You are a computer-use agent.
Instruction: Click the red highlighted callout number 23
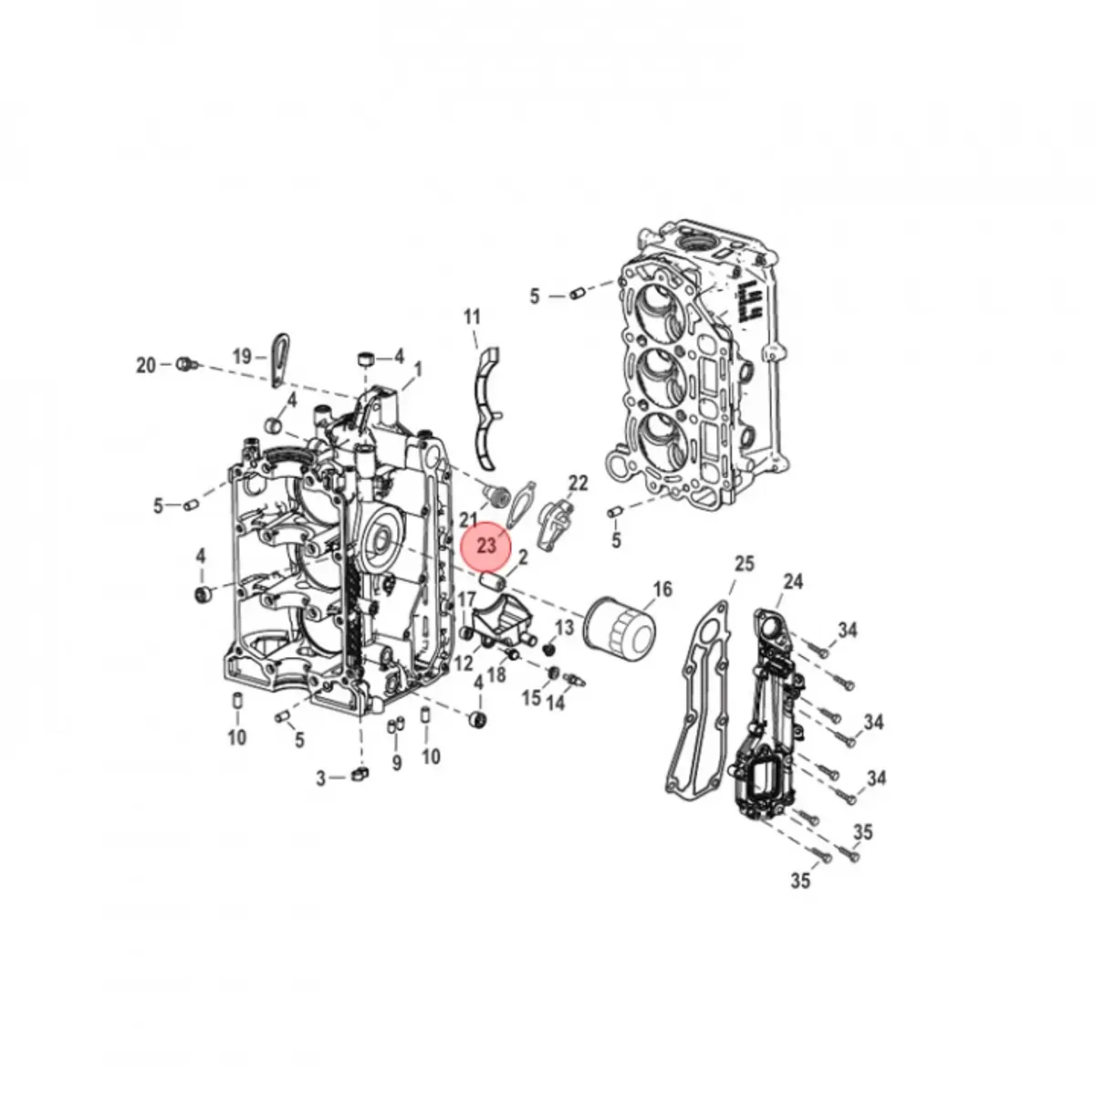click(486, 546)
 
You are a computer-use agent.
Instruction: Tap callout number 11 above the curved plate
click(471, 318)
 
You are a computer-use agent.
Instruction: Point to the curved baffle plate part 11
click(489, 401)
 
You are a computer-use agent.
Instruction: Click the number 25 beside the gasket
click(745, 563)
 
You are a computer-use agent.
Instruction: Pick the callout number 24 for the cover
click(793, 580)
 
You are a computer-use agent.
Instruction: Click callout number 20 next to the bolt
click(146, 365)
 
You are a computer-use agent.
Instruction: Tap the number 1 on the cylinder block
click(418, 370)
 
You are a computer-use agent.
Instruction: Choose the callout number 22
click(579, 483)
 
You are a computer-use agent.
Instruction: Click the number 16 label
click(662, 589)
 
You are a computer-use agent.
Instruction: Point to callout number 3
click(321, 778)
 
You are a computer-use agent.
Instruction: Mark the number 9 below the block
click(396, 763)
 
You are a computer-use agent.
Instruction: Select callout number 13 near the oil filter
click(565, 628)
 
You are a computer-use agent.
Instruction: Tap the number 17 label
click(466, 600)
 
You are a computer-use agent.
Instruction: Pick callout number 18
click(497, 674)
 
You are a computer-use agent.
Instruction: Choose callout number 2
click(524, 558)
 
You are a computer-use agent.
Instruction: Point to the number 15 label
click(531, 698)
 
